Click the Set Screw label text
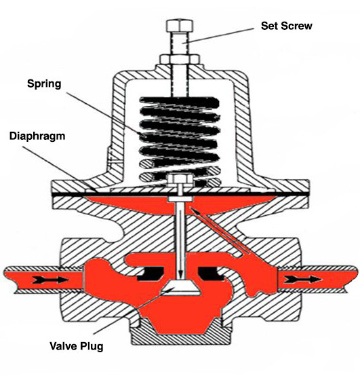pyautogui.click(x=287, y=26)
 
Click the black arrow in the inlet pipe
pyautogui.click(x=31, y=278)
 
